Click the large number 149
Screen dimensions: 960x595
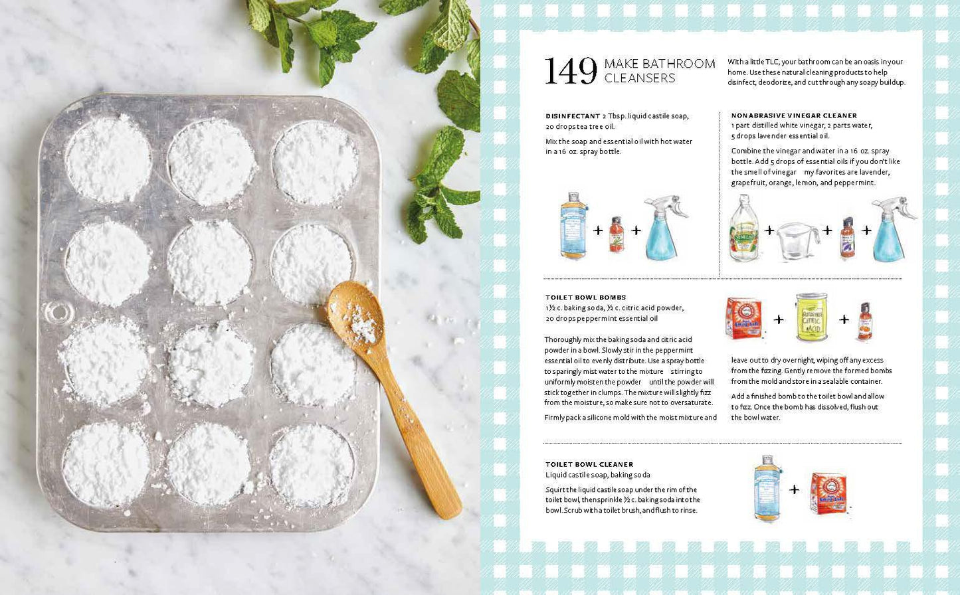(x=571, y=71)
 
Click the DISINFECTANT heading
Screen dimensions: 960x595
(x=573, y=116)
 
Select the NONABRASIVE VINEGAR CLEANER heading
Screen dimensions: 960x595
(x=794, y=116)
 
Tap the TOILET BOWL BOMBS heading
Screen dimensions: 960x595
(x=585, y=297)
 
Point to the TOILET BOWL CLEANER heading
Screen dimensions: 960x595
(x=589, y=464)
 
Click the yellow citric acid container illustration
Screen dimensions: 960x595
(x=811, y=317)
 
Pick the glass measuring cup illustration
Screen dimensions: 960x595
(x=798, y=241)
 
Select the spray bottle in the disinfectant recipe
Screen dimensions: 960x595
(x=664, y=228)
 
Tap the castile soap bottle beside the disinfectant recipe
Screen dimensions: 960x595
(x=573, y=225)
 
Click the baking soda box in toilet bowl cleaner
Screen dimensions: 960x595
(x=828, y=493)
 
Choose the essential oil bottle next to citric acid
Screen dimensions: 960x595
(x=865, y=321)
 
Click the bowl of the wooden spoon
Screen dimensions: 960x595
(x=355, y=313)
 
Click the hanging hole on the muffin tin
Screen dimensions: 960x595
(x=56, y=311)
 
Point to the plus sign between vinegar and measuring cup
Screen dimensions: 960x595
(x=769, y=230)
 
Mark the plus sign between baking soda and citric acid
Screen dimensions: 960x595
(x=779, y=319)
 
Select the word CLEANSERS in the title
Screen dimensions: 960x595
(x=639, y=78)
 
